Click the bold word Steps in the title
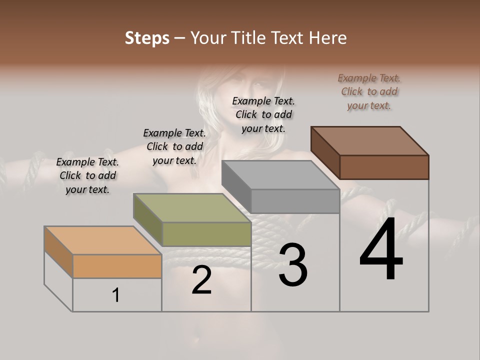[x=147, y=38]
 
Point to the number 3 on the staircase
[x=292, y=264]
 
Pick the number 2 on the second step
[x=201, y=280]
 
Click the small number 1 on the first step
[x=116, y=295]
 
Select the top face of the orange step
[x=102, y=240]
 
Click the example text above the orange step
[x=87, y=175]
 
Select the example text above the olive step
[x=174, y=146]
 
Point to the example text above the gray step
[x=263, y=114]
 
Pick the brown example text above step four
[x=369, y=91]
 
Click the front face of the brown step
[x=384, y=167]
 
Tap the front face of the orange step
[x=117, y=266]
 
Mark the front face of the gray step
[x=295, y=201]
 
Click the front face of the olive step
[x=206, y=234]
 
